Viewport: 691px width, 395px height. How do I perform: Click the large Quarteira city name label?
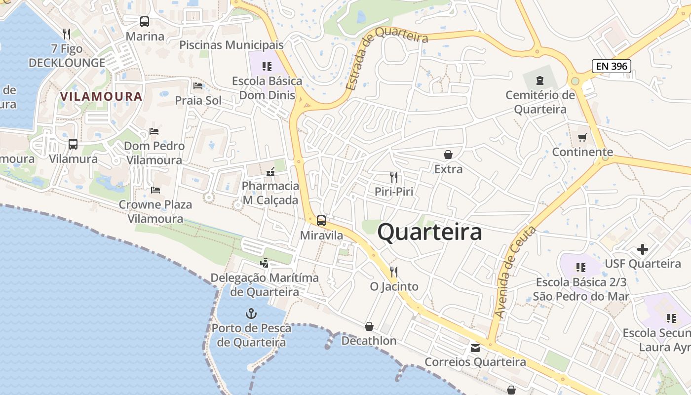[x=429, y=232]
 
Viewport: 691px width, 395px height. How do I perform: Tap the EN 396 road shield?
[x=612, y=66]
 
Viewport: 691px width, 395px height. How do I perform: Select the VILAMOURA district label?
[x=102, y=96]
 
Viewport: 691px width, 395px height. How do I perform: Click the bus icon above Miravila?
[x=321, y=221]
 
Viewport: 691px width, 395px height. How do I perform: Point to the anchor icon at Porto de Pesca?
[x=251, y=314]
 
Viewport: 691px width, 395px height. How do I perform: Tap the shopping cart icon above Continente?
[x=582, y=137]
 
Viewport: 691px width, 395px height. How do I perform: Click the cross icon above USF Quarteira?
[x=642, y=249]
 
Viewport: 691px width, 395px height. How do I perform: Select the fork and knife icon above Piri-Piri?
[x=393, y=177]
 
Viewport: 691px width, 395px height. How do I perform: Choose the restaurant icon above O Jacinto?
[x=393, y=272]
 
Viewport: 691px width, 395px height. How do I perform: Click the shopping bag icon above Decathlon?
[x=369, y=326]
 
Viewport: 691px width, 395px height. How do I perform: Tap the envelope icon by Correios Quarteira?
[x=475, y=348]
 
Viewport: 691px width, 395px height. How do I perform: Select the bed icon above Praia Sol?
[x=198, y=86]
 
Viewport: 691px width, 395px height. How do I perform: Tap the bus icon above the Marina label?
[x=144, y=22]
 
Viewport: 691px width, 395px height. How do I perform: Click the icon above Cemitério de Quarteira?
[x=540, y=80]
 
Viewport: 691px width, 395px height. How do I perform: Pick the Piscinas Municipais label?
[x=231, y=45]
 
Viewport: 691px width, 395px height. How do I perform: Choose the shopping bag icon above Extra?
[x=448, y=155]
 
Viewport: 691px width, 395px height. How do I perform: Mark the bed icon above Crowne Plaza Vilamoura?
[x=155, y=190]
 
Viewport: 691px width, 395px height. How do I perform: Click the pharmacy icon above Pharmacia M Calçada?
[x=270, y=172]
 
